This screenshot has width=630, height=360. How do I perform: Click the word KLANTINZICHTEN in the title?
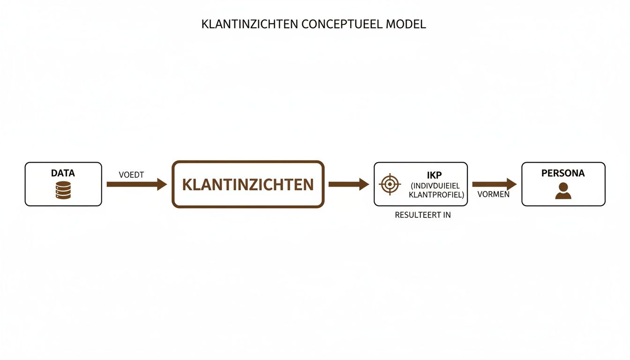click(x=249, y=24)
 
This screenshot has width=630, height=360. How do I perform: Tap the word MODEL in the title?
click(x=405, y=24)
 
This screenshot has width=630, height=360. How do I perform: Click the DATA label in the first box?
click(x=63, y=173)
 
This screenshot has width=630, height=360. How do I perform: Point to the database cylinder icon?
click(x=63, y=191)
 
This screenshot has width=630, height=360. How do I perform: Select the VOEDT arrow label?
click(x=131, y=175)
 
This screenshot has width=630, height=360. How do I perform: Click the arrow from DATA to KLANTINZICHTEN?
click(x=136, y=184)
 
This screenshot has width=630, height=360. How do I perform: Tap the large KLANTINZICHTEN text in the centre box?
click(x=247, y=185)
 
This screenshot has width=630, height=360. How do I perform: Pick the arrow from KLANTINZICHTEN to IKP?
click(x=348, y=184)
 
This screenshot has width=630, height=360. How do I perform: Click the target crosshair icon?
click(x=390, y=184)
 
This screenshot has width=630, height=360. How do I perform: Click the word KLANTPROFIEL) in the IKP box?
click(x=436, y=195)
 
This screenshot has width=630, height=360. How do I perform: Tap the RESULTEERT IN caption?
click(x=423, y=215)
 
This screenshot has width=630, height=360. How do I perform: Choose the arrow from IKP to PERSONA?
click(x=494, y=184)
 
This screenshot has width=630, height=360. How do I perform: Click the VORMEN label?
click(x=493, y=194)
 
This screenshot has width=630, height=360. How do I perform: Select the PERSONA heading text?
click(x=563, y=173)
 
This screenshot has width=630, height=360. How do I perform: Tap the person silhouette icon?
click(x=563, y=191)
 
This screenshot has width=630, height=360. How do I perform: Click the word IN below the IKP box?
click(x=446, y=215)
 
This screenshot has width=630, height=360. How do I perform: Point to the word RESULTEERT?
click(x=417, y=215)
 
